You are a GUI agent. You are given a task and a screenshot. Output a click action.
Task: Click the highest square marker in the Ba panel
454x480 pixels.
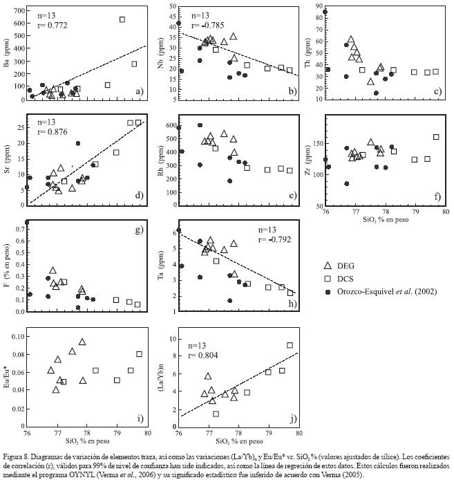[x=122, y=19]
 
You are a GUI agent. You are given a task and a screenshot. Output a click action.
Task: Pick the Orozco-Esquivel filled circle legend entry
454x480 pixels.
[x=330, y=311]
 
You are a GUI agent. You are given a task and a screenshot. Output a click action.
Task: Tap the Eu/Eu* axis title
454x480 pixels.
[x=8, y=375]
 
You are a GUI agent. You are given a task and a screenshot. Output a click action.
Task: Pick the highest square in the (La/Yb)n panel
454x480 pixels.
[x=290, y=344]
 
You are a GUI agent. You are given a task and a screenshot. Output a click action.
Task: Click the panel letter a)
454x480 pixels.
[x=138, y=91]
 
